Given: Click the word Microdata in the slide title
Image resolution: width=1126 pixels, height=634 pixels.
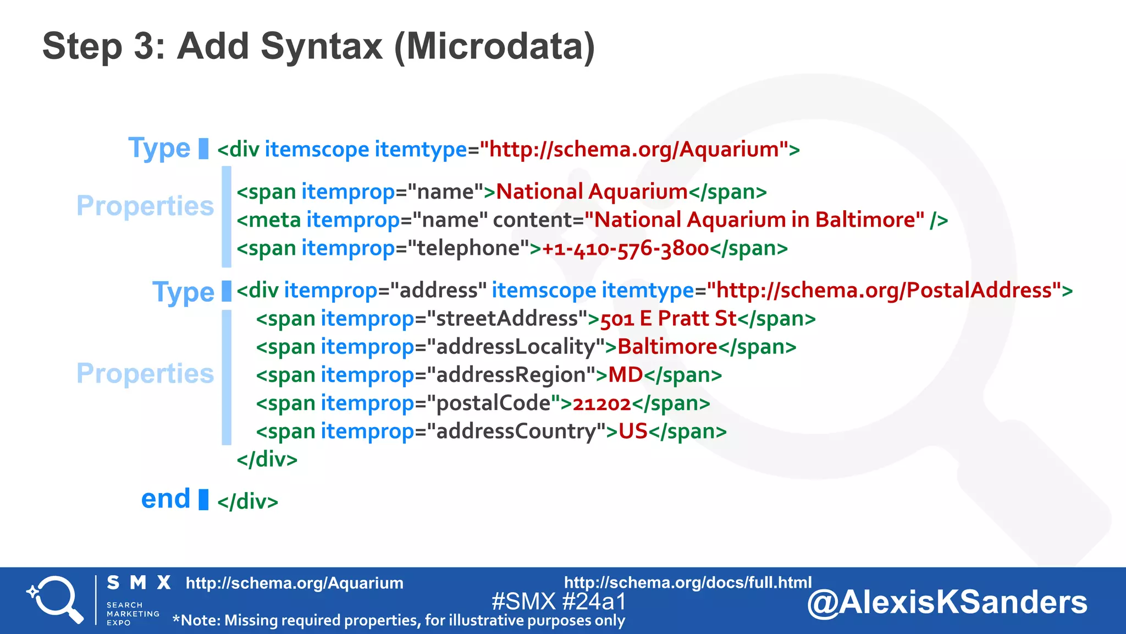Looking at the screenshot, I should click(494, 46).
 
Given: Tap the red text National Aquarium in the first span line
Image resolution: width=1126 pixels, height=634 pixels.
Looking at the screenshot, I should click(592, 192).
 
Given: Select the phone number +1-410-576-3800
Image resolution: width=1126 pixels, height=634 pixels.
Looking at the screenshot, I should click(626, 249).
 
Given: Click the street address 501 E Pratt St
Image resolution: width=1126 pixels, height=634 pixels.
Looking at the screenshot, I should click(668, 319).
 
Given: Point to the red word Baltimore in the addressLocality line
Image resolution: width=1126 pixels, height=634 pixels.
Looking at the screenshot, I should click(667, 347).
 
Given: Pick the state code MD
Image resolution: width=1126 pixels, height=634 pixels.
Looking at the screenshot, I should click(626, 375).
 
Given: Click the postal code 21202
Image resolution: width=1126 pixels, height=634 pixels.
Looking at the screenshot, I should click(601, 403).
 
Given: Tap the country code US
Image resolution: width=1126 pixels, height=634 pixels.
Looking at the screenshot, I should click(633, 431).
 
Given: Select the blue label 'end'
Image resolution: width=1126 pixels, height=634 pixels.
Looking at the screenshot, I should click(165, 499).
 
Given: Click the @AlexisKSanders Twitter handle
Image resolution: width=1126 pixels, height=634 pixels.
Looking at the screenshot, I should click(947, 602).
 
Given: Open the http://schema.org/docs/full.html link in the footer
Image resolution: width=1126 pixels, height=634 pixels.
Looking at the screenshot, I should click(687, 582).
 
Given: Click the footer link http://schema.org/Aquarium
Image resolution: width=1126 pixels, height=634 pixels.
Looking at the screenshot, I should click(294, 583).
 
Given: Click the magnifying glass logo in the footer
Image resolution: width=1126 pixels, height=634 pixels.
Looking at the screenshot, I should click(55, 599).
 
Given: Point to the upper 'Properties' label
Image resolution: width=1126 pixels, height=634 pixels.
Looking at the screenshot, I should click(145, 206).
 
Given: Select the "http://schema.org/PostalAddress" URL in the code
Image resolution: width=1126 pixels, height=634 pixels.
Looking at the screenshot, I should click(884, 291).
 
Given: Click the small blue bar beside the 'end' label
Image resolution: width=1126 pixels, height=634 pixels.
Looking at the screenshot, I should click(203, 499).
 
